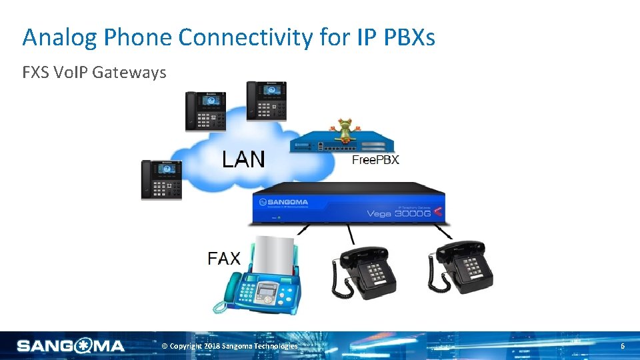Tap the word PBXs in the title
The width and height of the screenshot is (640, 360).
[409, 38]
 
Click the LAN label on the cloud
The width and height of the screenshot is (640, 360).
[243, 160]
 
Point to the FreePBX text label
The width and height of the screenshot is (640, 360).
[375, 160]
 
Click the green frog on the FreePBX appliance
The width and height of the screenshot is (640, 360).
[345, 129]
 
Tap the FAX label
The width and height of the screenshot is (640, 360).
[224, 258]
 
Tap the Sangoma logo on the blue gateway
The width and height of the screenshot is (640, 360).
[285, 201]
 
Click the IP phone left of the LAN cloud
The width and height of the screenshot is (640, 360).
[161, 179]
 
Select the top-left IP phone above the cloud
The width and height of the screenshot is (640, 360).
[205, 111]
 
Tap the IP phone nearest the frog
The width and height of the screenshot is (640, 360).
[267, 101]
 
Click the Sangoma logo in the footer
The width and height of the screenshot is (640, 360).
[71, 346]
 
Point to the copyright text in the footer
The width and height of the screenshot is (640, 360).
[231, 346]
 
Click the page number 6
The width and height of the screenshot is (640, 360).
[623, 346]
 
